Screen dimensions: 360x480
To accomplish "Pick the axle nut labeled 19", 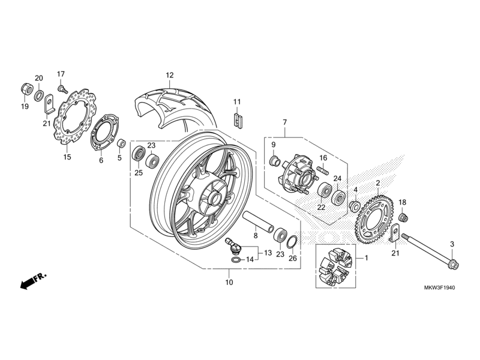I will tap(26, 88).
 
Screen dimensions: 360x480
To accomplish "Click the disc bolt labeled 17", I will tap(61, 88).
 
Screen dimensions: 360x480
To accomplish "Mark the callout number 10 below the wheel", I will tap(229, 282).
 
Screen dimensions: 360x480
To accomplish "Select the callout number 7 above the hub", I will tap(284, 123).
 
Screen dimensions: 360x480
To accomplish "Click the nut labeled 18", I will tap(404, 216).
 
